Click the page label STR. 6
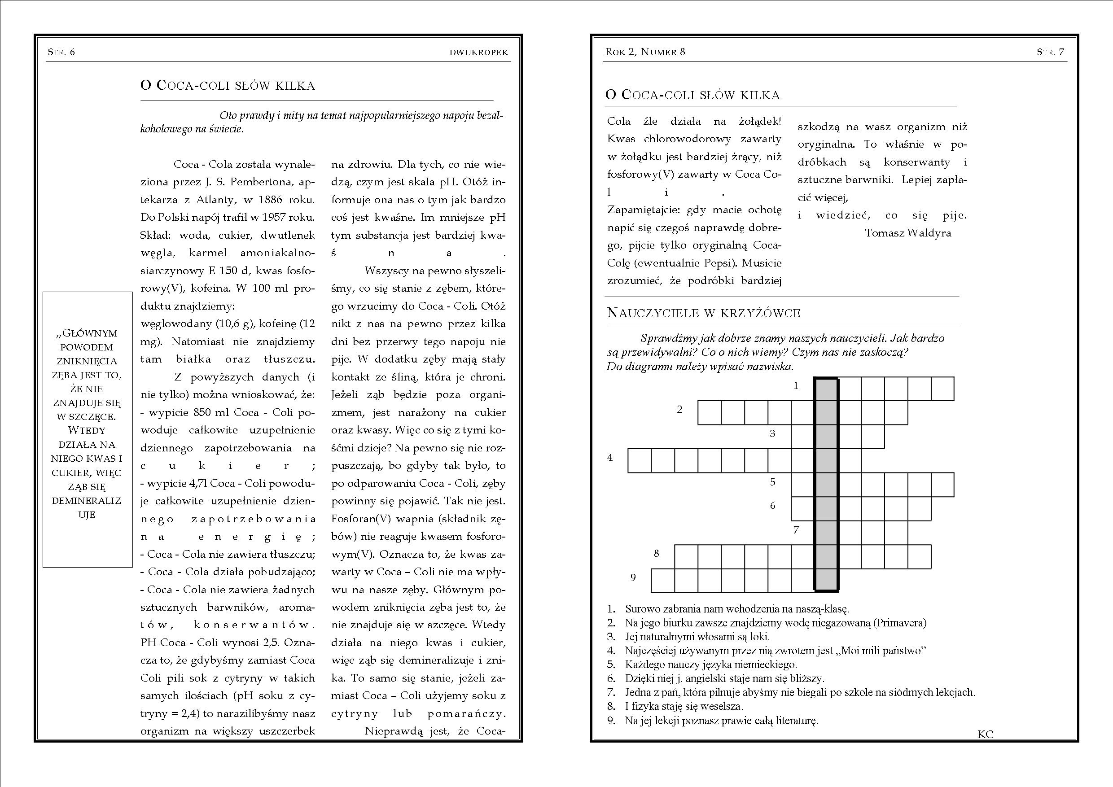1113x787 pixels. click(61, 52)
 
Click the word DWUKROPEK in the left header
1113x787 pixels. click(478, 52)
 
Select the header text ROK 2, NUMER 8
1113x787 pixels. click(645, 52)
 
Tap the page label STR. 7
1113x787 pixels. click(1051, 52)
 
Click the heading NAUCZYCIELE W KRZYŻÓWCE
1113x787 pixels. click(703, 313)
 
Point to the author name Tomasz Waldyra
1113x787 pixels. click(907, 233)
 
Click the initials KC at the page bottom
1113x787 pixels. click(985, 734)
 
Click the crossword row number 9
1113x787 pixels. click(633, 577)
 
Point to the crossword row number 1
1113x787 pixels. click(796, 386)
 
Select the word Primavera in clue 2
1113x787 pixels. click(900, 623)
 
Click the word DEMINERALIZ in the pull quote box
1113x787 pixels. click(86, 501)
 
